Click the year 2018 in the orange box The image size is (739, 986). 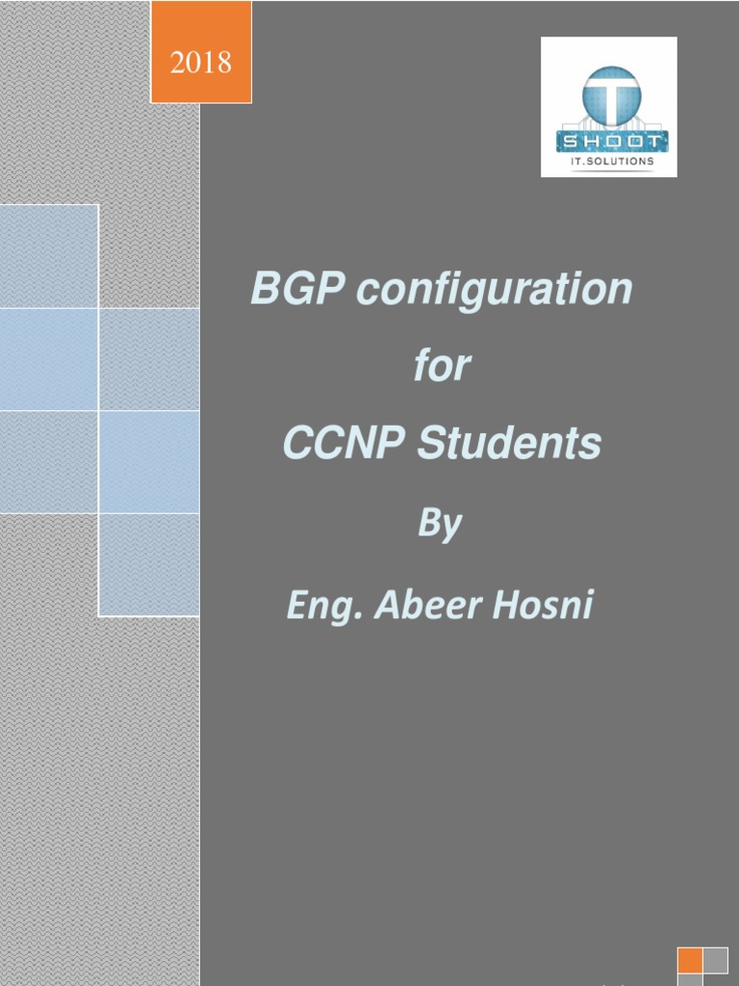tap(201, 64)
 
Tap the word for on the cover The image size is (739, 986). tap(443, 366)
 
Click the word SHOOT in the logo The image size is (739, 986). tap(609, 141)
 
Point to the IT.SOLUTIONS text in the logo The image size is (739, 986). tap(609, 162)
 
